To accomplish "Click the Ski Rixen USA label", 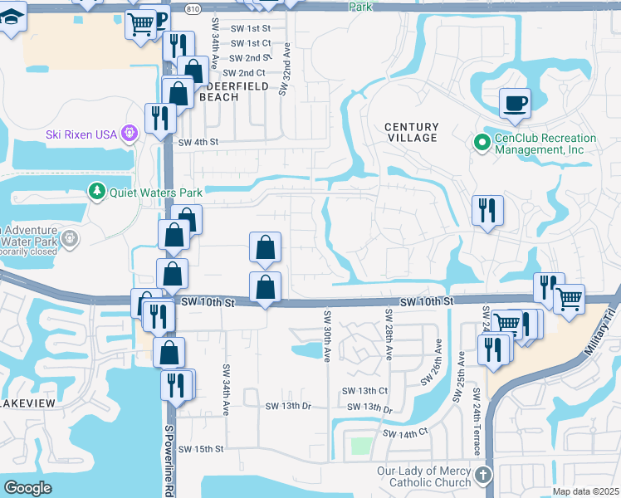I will tap(81, 134).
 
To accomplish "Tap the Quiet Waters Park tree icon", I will tap(97, 193).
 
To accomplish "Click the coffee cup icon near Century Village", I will tap(515, 103).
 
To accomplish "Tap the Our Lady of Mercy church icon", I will tap(483, 476).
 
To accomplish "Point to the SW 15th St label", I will tap(201, 449).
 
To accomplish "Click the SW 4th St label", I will tap(198, 142).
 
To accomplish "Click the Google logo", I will tap(28, 487).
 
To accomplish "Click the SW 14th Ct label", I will tap(404, 433).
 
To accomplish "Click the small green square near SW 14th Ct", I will tap(360, 446).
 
